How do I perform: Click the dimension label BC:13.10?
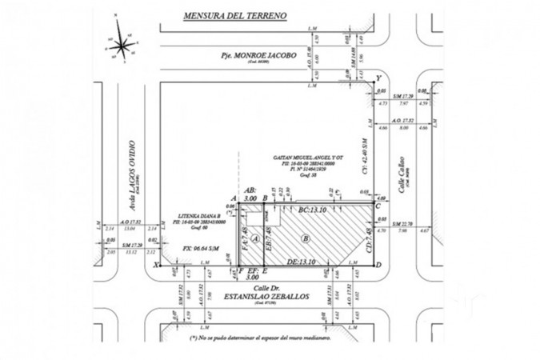point(314,210)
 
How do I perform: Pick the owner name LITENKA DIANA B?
point(190,215)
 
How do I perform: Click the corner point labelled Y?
point(378,77)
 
